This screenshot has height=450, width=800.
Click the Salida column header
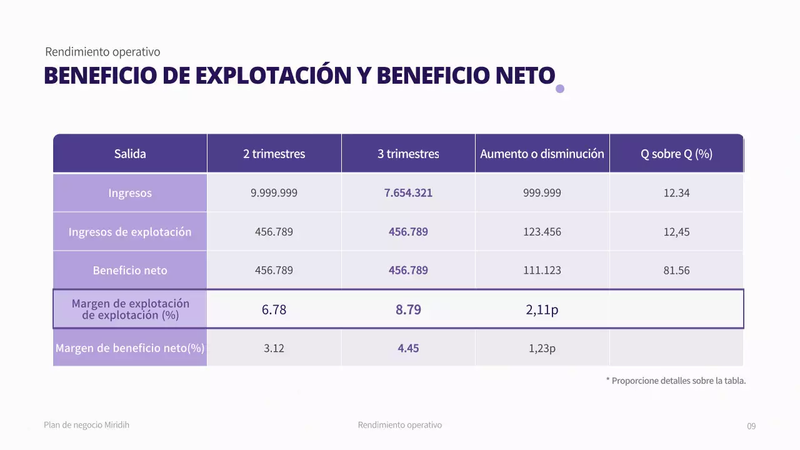coord(130,154)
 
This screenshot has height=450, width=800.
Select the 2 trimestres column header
coord(274,154)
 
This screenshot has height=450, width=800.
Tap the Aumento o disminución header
coord(542,154)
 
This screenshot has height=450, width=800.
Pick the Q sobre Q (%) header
coord(676,154)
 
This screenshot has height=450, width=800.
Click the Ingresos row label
coord(130,193)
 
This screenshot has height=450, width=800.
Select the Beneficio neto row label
coord(130,271)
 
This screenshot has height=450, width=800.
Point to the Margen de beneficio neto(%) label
coord(130,348)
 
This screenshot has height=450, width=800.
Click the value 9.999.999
coord(274,193)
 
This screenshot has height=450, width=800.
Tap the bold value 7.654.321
coord(408,193)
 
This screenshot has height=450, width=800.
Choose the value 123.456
coord(542,232)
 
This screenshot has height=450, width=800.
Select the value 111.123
coord(542,271)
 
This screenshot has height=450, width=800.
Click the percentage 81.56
coord(676,271)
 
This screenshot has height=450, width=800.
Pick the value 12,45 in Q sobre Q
coord(676,232)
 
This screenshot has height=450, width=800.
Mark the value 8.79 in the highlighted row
coord(408,309)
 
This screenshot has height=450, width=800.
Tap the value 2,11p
coord(542,309)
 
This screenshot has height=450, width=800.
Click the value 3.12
coord(274,348)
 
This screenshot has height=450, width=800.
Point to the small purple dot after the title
coord(560,89)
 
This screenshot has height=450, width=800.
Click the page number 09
coord(751,426)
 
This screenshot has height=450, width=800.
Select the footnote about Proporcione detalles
coord(676,381)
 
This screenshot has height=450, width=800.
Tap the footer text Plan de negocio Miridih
coord(87,425)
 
